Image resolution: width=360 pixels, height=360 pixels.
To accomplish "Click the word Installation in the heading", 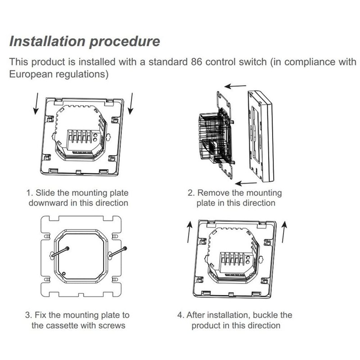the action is [x=47, y=41].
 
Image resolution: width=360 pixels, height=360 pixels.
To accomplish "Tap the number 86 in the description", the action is [x=197, y=62].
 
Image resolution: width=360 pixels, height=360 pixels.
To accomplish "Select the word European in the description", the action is [x=31, y=75].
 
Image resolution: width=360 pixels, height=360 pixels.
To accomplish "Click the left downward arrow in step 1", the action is [x=36, y=103].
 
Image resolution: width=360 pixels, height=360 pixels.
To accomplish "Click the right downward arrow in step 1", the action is [x=131, y=103].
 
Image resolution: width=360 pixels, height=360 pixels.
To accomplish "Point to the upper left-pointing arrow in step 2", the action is [x=235, y=86].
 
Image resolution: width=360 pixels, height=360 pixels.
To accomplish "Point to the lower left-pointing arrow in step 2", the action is [x=246, y=183].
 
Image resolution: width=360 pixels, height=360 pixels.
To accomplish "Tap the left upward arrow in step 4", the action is [x=189, y=232].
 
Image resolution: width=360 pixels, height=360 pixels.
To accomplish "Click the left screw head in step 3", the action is [x=67, y=248].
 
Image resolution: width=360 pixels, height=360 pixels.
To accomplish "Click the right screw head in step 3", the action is [x=125, y=248].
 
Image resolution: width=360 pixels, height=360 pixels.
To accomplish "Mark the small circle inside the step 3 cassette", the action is [x=64, y=274].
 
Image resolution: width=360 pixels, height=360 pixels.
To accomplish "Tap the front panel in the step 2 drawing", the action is [x=261, y=137].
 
